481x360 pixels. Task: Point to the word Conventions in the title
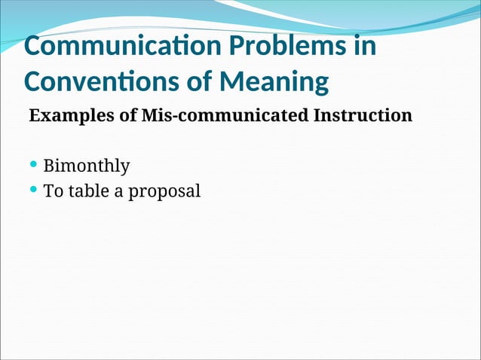click(102, 81)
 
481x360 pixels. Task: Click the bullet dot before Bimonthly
click(33, 165)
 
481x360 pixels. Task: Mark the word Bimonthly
click(87, 166)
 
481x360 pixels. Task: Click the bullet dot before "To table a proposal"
click(33, 190)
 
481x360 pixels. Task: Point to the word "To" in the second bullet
click(53, 191)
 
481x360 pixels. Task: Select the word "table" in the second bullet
click(88, 191)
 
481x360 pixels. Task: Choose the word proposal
click(164, 192)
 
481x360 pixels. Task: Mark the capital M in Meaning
click(244, 81)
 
